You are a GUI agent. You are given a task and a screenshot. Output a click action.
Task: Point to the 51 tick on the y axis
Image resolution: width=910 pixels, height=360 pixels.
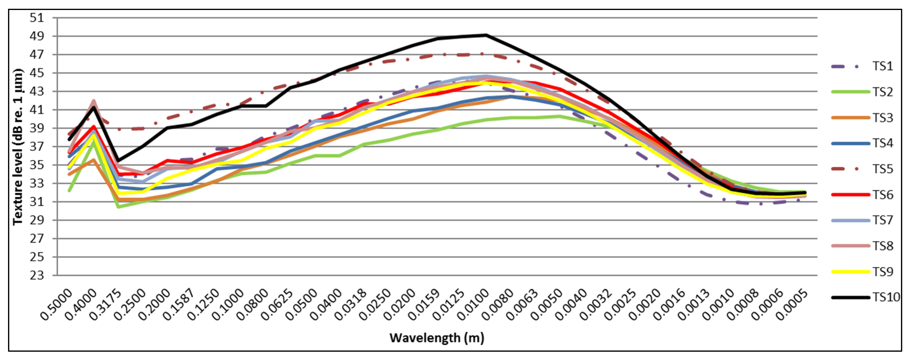pyautogui.click(x=37, y=18)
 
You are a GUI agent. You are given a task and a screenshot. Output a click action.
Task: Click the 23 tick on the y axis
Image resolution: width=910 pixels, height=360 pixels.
pyautogui.click(x=37, y=275)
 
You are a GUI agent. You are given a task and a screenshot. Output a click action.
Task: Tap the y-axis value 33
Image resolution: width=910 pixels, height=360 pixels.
pyautogui.click(x=37, y=183)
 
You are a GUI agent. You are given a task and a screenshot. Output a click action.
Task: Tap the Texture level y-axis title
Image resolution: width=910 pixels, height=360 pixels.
pyautogui.click(x=18, y=147)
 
